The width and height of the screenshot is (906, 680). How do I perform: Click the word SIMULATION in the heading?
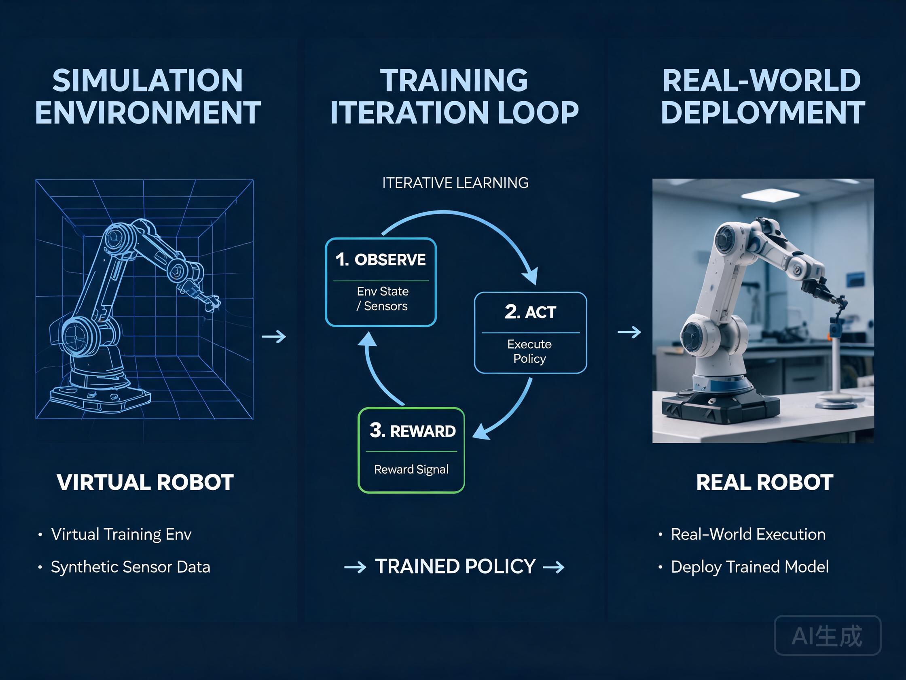click(x=148, y=80)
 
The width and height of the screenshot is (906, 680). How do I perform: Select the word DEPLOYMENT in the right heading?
click(x=763, y=112)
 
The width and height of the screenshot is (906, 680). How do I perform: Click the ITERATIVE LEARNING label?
click(x=455, y=183)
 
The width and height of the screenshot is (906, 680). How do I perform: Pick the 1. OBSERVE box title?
click(x=381, y=259)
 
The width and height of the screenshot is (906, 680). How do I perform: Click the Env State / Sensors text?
click(x=382, y=298)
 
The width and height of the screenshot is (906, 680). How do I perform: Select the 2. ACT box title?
click(x=530, y=312)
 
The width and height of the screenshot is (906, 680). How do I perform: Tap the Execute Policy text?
click(x=529, y=351)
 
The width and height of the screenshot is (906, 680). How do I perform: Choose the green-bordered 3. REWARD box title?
click(x=413, y=431)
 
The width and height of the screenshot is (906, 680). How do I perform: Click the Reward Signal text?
click(x=411, y=469)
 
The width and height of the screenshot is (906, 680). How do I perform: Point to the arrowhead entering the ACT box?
click(x=531, y=276)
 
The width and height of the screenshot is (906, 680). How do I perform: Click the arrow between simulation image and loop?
click(x=274, y=336)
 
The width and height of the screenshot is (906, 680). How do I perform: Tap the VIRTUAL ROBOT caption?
click(x=145, y=482)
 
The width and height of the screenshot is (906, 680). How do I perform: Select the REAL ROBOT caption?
click(x=764, y=482)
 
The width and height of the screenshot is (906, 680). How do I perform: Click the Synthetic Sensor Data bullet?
click(x=130, y=567)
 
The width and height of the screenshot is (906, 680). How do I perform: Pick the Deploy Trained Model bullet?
click(x=749, y=567)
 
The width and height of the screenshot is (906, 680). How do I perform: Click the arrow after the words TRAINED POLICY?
click(x=553, y=567)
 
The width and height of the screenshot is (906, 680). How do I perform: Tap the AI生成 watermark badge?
click(x=828, y=636)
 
